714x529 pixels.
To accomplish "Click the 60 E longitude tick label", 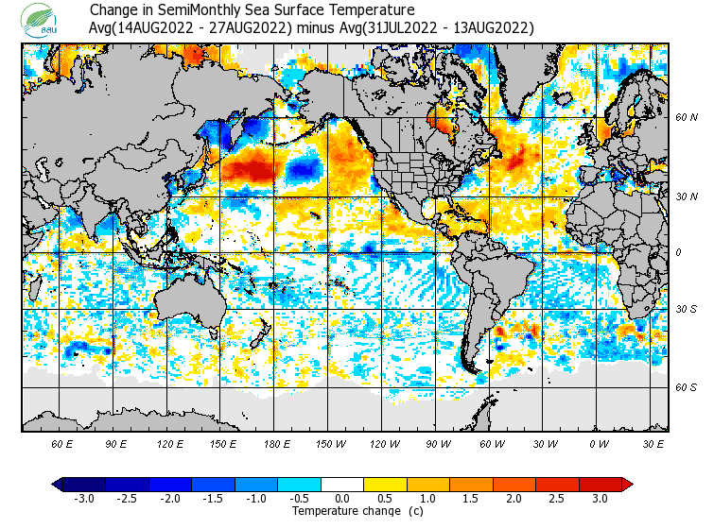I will [x=62, y=442].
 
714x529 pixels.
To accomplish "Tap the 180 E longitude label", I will [x=277, y=442].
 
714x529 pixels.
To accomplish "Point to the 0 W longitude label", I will [x=598, y=442].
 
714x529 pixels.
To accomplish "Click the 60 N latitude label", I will [x=687, y=118].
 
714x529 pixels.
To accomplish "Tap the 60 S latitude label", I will [x=687, y=387].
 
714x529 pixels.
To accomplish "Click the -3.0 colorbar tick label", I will [x=83, y=499].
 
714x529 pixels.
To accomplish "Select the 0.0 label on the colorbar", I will [x=342, y=499].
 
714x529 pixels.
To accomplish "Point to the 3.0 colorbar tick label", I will [x=601, y=499].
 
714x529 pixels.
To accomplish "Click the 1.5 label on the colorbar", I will [x=471, y=499].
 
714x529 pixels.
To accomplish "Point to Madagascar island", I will [x=37, y=288].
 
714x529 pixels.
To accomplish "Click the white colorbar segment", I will [x=342, y=485].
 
